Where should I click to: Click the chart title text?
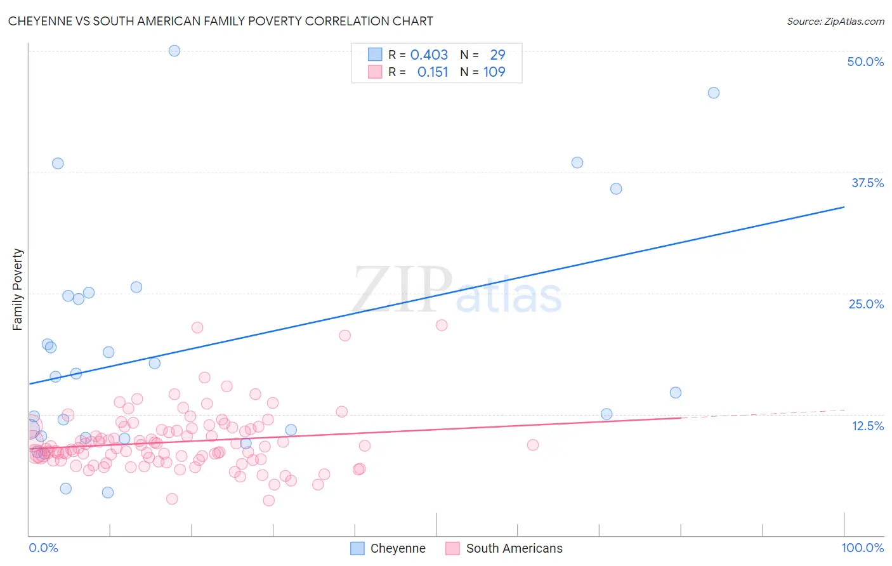(220, 21)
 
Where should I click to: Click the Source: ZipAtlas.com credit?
(835, 21)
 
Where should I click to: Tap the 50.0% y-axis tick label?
(865, 62)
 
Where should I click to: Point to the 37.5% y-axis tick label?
(867, 183)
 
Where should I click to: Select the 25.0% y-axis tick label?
(866, 304)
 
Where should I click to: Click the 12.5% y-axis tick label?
(867, 426)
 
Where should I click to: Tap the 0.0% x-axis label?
(43, 548)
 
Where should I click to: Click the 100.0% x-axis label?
(862, 548)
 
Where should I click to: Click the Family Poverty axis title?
(18, 289)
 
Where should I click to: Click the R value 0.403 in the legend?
(429, 55)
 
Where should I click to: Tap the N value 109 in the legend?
(494, 72)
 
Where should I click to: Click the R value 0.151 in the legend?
(433, 72)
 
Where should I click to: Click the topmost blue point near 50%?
(174, 51)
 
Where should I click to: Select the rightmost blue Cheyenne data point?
(713, 93)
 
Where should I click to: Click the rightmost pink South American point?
(533, 445)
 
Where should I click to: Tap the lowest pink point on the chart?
(269, 501)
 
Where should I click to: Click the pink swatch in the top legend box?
(375, 72)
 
